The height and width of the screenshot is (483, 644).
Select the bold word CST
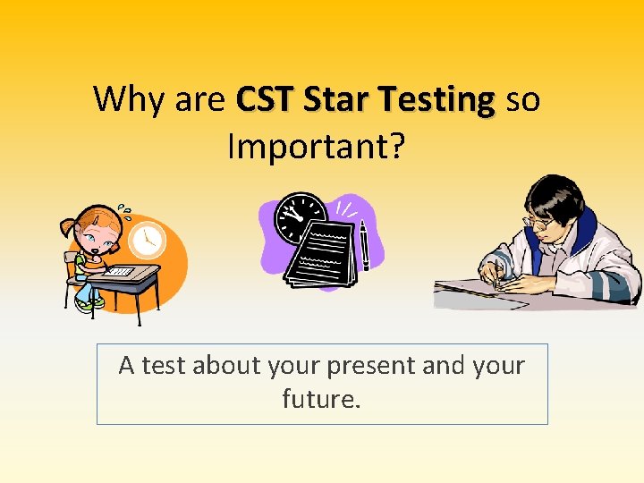[x=265, y=99]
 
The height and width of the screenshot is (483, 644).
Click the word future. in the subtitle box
[x=321, y=398]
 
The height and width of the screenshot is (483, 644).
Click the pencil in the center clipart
[x=365, y=245]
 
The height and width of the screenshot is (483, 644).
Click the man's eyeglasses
[x=538, y=219]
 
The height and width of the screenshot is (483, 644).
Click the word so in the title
[x=523, y=99]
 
